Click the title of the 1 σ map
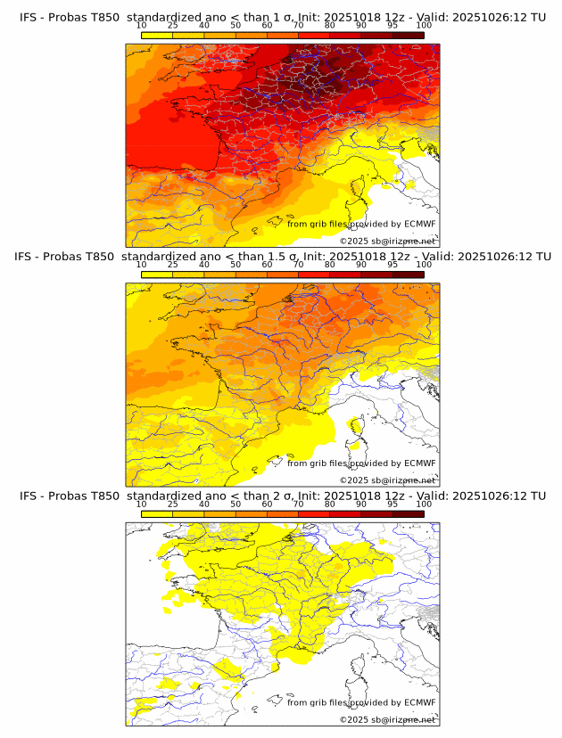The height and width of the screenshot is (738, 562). [282, 17]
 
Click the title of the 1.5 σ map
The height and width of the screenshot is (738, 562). [282, 256]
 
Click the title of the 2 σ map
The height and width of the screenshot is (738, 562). [282, 496]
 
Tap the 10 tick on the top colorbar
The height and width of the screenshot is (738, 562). [142, 26]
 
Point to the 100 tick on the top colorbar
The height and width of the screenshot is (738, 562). [424, 26]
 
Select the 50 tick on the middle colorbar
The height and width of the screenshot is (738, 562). [236, 265]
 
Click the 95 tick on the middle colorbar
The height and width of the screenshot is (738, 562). [393, 265]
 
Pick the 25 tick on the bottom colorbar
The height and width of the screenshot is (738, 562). [173, 504]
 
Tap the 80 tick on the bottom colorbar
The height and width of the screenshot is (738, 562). [330, 504]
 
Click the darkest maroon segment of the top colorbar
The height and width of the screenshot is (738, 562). [408, 35]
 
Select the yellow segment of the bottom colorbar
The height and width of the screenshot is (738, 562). [157, 513]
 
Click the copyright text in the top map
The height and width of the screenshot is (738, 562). [387, 242]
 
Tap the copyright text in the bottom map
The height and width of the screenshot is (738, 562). [387, 719]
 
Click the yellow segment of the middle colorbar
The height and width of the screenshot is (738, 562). [157, 274]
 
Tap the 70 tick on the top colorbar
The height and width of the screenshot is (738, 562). [298, 26]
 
